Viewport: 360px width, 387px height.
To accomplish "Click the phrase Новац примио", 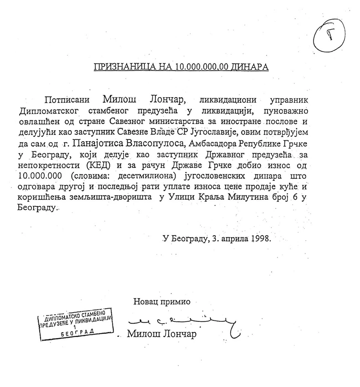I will [x=161, y=301].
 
